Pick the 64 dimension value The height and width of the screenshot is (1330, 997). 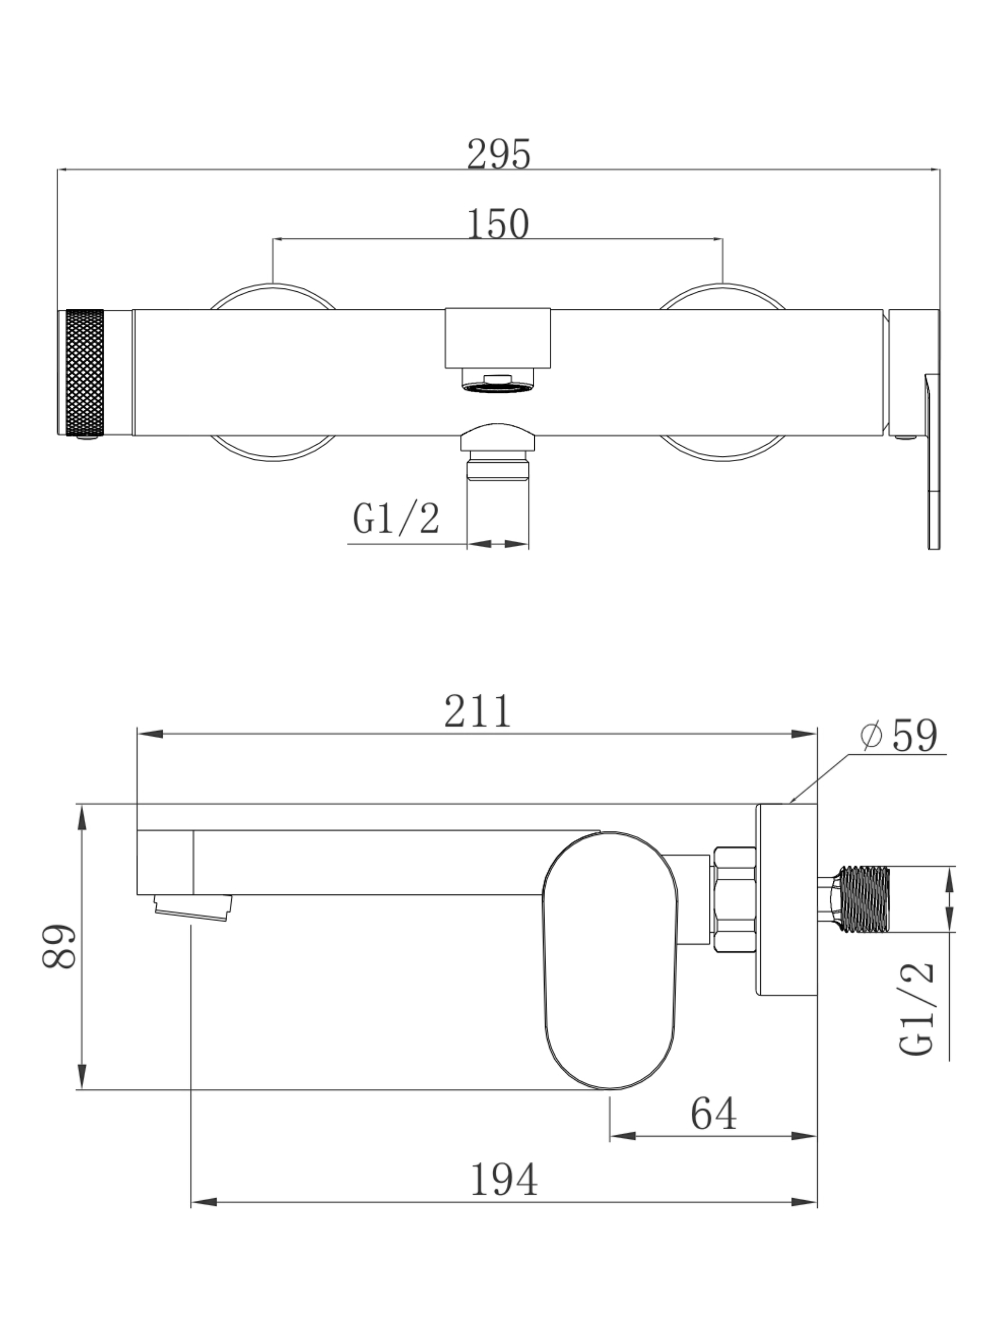tap(713, 1114)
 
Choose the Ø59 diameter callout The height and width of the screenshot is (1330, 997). tap(899, 735)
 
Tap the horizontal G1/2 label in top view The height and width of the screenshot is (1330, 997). tap(396, 518)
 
